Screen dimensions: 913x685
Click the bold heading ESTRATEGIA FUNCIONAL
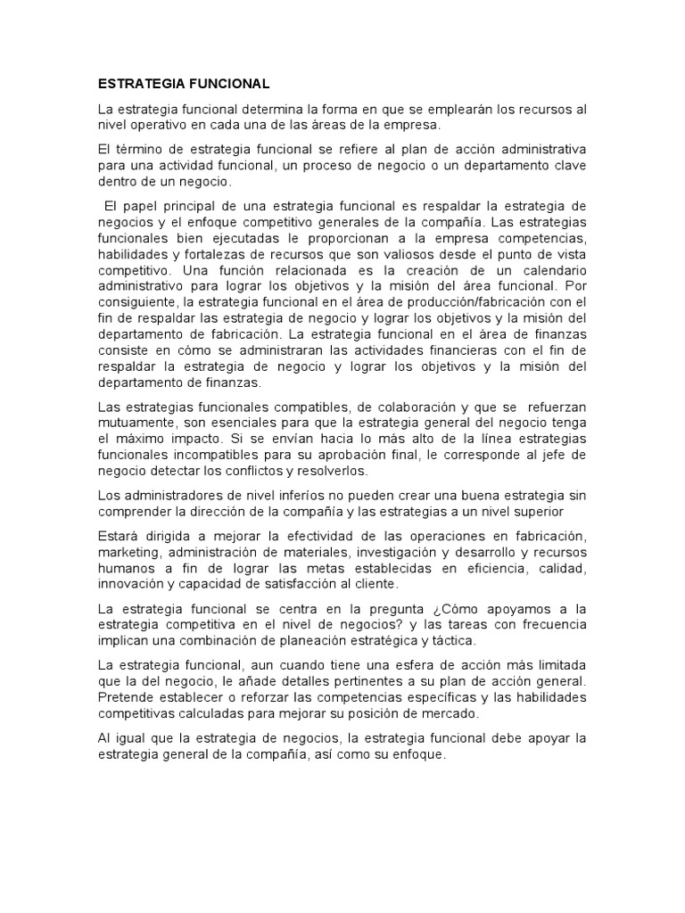183,84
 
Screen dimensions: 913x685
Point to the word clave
568,165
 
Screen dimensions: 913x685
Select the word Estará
120,535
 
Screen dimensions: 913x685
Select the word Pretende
128,698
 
